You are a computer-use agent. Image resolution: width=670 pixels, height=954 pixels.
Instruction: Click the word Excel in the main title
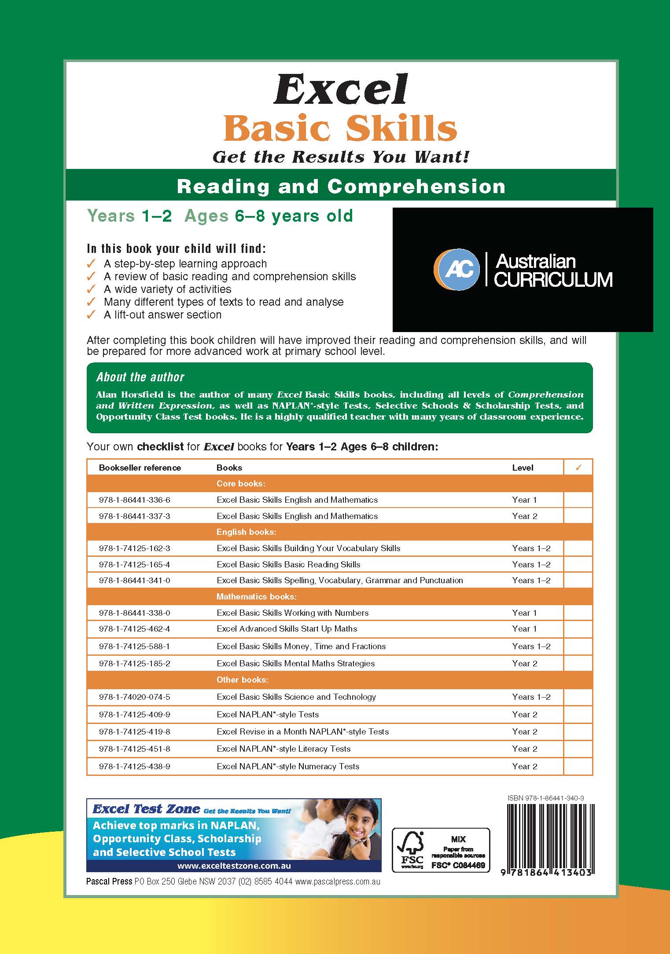click(x=341, y=90)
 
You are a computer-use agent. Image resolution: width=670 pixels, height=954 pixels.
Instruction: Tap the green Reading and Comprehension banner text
click(x=341, y=186)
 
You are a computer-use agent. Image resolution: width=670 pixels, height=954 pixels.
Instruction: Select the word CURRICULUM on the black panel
click(x=553, y=280)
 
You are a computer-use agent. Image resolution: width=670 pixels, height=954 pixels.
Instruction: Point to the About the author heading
click(x=140, y=377)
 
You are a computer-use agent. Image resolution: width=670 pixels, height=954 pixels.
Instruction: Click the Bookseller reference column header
click(x=140, y=468)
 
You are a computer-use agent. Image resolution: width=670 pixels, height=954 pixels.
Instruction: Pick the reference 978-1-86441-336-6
click(x=134, y=500)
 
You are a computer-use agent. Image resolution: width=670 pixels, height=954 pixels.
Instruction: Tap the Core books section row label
click(x=241, y=484)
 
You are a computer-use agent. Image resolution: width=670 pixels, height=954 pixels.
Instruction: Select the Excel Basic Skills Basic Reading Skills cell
click(x=288, y=564)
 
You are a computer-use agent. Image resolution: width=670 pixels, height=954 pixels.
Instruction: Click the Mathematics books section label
click(x=256, y=596)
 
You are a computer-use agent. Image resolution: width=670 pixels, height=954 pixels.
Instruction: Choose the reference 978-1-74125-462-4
click(x=134, y=629)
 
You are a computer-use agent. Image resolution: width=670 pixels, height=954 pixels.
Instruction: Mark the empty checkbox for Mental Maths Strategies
click(x=578, y=663)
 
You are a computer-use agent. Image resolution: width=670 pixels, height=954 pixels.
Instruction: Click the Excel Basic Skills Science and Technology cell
click(x=296, y=697)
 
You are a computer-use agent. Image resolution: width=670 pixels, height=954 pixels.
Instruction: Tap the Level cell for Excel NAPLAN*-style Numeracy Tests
click(x=525, y=766)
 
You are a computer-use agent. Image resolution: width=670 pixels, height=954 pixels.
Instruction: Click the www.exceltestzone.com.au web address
click(x=234, y=866)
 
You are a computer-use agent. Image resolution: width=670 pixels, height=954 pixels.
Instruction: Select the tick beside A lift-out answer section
click(x=91, y=315)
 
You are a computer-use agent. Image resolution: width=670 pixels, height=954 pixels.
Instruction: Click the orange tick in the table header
click(x=578, y=468)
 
